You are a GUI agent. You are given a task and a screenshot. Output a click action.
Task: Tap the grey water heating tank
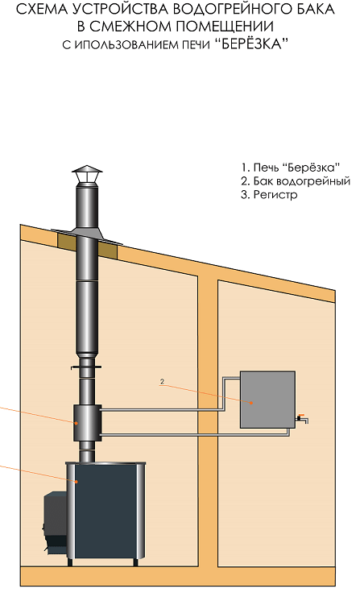(267, 400)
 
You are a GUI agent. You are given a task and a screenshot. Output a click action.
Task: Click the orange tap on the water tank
(301, 416)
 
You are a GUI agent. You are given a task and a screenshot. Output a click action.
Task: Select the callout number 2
(162, 382)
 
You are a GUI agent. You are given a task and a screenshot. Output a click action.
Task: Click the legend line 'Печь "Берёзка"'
(291, 168)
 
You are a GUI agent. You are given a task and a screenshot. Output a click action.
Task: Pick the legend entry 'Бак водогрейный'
(296, 181)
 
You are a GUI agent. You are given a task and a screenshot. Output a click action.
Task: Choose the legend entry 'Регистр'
(269, 194)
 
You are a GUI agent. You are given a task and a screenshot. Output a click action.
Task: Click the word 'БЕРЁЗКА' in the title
(254, 44)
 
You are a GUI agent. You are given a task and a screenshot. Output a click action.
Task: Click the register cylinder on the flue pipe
(88, 423)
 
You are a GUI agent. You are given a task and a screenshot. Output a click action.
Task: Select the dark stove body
(106, 510)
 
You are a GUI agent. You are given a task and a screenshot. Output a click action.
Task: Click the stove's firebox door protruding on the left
(55, 522)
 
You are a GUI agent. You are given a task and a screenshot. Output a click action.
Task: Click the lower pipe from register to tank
(196, 435)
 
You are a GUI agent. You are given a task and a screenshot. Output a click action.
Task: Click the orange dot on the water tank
(250, 403)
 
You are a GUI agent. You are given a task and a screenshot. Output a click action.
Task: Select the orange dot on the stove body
(77, 481)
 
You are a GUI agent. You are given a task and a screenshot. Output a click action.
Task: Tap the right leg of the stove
(135, 562)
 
